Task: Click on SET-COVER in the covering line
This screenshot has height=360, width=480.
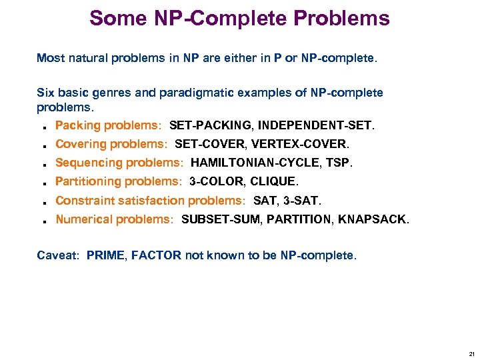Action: click(x=210, y=144)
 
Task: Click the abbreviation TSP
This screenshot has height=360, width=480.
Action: click(x=339, y=163)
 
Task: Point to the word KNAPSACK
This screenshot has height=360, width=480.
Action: click(x=373, y=219)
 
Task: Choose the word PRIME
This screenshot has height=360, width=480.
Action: click(x=105, y=255)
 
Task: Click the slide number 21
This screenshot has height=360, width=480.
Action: click(x=471, y=353)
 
